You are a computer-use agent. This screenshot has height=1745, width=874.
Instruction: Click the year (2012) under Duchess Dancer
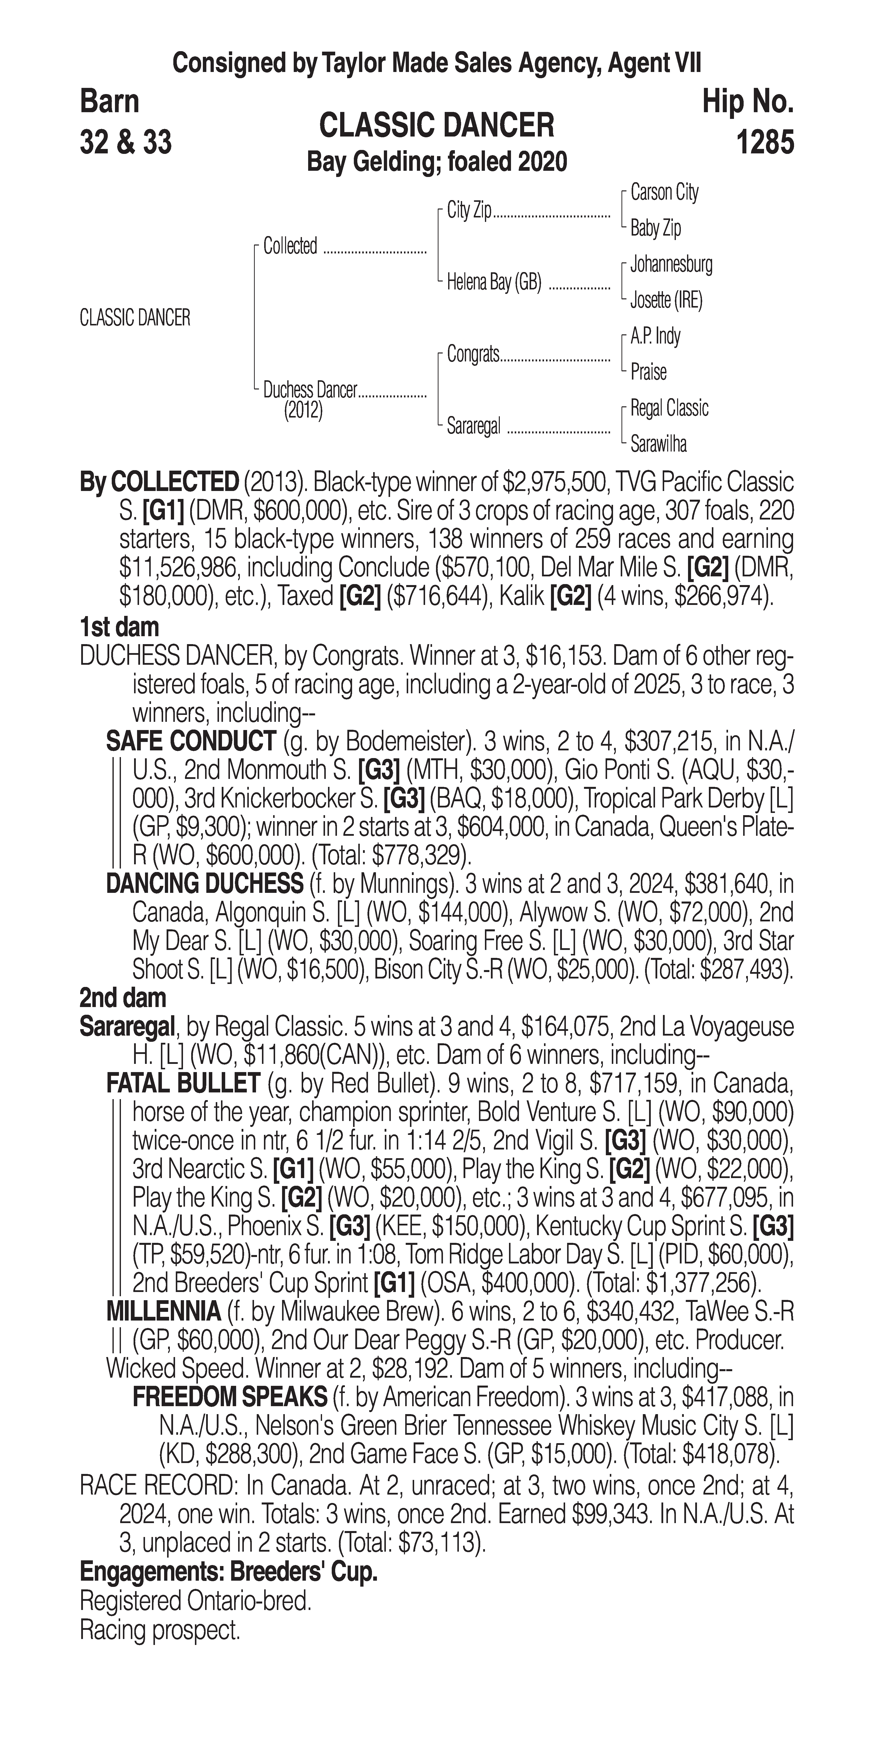pyautogui.click(x=303, y=411)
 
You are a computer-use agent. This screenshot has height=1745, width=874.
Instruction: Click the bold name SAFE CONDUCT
pyautogui.click(x=190, y=742)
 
